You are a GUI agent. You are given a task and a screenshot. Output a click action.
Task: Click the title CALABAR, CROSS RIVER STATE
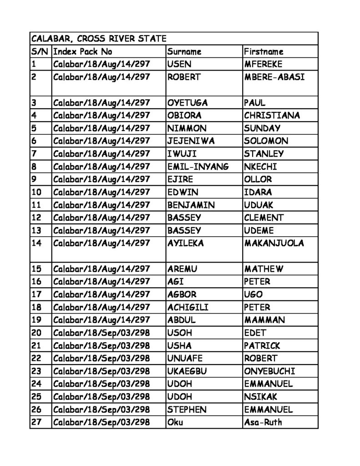tap(98, 39)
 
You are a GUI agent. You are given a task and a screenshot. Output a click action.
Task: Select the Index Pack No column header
tap(83, 51)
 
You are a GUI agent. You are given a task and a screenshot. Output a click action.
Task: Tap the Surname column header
tap(184, 51)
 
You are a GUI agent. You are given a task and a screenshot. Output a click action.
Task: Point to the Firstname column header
tap(264, 51)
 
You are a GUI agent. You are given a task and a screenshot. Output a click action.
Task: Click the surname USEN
tap(179, 64)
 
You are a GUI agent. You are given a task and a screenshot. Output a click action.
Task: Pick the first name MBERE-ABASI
tap(274, 77)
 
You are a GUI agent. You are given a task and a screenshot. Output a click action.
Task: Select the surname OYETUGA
tap(188, 103)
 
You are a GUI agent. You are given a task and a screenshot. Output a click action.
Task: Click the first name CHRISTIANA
tap(272, 116)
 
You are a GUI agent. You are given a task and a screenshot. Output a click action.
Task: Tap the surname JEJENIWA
tap(191, 141)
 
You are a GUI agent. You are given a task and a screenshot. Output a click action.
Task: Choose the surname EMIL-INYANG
tap(198, 167)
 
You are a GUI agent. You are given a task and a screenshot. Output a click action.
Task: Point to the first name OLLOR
tap(258, 179)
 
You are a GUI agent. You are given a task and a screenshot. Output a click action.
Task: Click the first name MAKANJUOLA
tap(274, 243)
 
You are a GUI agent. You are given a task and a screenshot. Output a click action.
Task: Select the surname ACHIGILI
tap(188, 307)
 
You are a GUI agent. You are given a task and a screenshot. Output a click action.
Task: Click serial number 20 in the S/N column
tap(36, 333)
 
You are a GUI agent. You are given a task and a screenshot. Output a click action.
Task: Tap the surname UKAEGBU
tap(187, 371)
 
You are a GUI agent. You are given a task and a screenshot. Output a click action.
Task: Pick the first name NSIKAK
tap(261, 396)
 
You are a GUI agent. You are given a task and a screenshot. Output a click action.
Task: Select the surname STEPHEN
tap(187, 409)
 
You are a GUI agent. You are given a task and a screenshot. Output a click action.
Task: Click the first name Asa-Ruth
tap(263, 422)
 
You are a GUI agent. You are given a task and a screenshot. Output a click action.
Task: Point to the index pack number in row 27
tap(101, 422)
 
